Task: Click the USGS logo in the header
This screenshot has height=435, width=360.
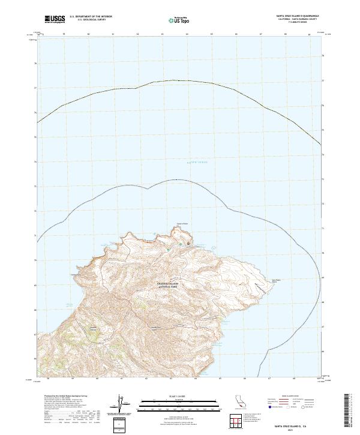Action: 55,20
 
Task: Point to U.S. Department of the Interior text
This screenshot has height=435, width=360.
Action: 91,17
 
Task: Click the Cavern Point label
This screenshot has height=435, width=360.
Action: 182,224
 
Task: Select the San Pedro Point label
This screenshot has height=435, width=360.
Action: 277,280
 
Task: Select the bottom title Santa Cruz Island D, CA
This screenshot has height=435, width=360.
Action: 298,426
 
